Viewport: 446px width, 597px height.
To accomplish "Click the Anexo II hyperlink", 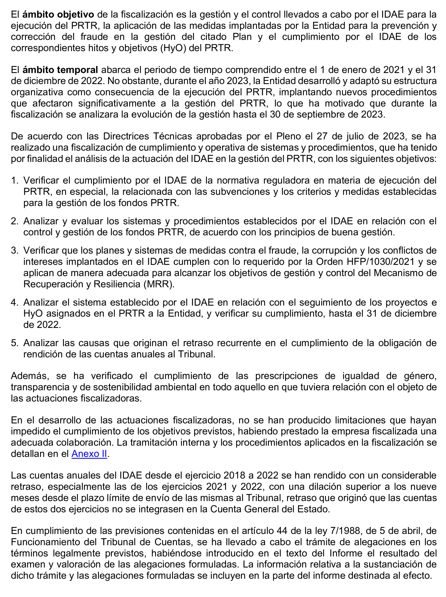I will click(89, 454).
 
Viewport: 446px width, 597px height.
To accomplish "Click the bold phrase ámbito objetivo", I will click(58, 14).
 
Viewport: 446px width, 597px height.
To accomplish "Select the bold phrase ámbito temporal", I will click(60, 70).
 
